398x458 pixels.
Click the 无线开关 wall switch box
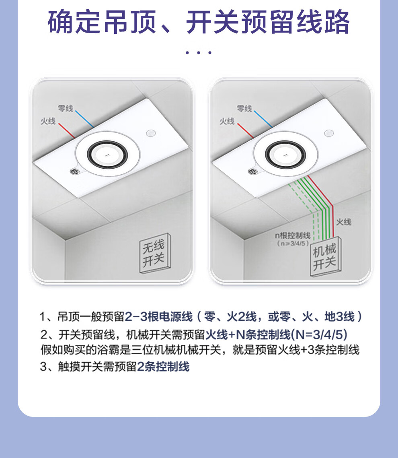point(155,253)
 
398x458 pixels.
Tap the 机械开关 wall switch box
point(325,256)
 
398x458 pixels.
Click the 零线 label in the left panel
point(66,108)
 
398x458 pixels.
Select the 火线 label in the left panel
point(48,121)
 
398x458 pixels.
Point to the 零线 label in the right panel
point(244,109)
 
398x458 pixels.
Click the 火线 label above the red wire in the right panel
point(227,121)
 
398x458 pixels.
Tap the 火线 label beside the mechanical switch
point(344,222)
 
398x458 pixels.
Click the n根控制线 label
point(293,235)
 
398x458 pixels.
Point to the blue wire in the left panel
point(84,119)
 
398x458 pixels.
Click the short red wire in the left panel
point(67,131)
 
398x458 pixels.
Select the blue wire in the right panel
point(263,119)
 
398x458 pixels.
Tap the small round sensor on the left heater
point(151,133)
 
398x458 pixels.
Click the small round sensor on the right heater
point(329,133)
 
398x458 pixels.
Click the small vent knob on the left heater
point(75,171)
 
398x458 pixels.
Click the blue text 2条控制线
point(163,367)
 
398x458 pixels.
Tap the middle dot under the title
point(199,53)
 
